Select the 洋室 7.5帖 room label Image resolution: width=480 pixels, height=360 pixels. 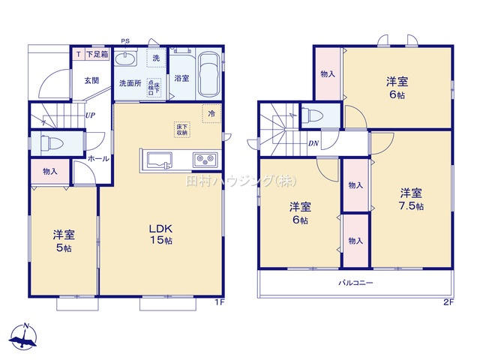click(410, 198)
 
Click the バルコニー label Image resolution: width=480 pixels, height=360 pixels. click(354, 283)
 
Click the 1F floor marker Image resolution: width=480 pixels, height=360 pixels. click(220, 302)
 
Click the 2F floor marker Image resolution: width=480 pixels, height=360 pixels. click(448, 302)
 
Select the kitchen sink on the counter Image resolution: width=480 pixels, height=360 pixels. click(159, 160)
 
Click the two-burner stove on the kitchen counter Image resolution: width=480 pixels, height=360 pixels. click(205, 160)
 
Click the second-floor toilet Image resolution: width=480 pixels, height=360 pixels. click(313, 116)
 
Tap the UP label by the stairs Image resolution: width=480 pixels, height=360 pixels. click(90, 115)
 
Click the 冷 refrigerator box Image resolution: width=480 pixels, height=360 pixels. click(211, 114)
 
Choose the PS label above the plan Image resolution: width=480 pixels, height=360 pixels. click(125, 41)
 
